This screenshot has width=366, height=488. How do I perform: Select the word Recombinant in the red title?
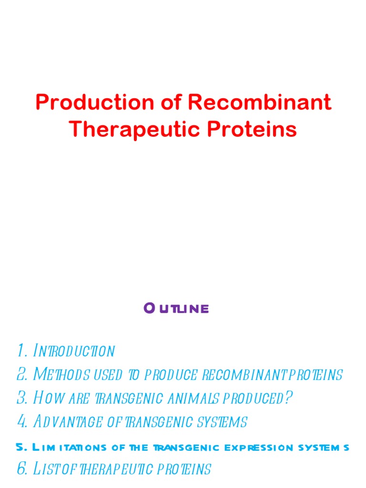click(x=259, y=102)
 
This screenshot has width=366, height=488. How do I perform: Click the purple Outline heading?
click(x=176, y=309)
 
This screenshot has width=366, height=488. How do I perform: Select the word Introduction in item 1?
click(x=74, y=351)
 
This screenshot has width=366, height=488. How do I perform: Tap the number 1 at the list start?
click(x=20, y=351)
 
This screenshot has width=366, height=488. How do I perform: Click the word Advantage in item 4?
click(x=67, y=421)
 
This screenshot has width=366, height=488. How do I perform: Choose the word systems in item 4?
click(x=224, y=421)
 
